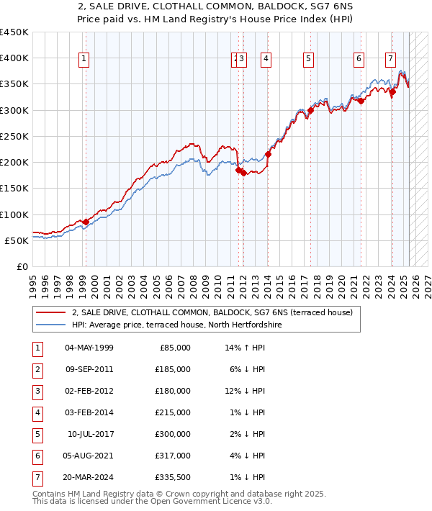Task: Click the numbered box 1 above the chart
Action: [x=85, y=59]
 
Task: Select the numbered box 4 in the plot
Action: [x=266, y=59]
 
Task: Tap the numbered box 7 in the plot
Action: [x=390, y=59]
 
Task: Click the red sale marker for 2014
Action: [x=268, y=154]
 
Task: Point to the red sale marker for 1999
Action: [x=86, y=222]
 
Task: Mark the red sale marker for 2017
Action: [x=310, y=110]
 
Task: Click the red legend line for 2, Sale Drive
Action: [x=50, y=313]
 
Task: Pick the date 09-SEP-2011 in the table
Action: [x=89, y=369]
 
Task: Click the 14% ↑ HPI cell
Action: [x=246, y=348]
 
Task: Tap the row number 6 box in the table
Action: [x=37, y=456]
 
